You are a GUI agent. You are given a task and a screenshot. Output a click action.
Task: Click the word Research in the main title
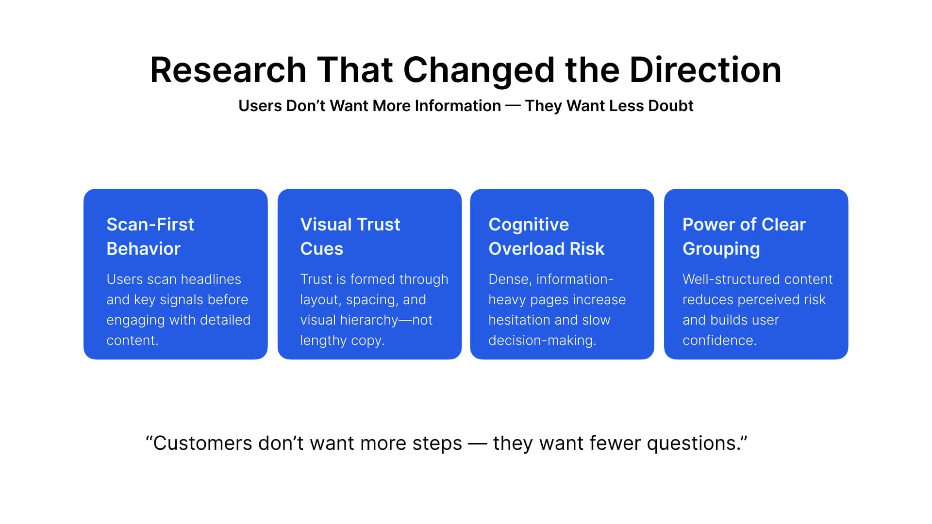[x=228, y=70]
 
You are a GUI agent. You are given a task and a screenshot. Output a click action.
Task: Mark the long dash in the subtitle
[x=513, y=106]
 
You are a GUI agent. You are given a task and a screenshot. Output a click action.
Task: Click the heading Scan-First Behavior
[x=150, y=236]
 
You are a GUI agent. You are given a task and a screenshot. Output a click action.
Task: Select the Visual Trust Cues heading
[x=350, y=236]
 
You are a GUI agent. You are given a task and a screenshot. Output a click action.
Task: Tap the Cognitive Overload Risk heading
[x=546, y=236]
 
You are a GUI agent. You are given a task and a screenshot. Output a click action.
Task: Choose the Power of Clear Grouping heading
[x=744, y=236]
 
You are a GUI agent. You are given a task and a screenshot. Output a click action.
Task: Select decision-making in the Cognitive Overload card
[x=542, y=341]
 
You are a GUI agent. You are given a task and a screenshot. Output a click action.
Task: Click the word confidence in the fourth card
[x=719, y=341]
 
